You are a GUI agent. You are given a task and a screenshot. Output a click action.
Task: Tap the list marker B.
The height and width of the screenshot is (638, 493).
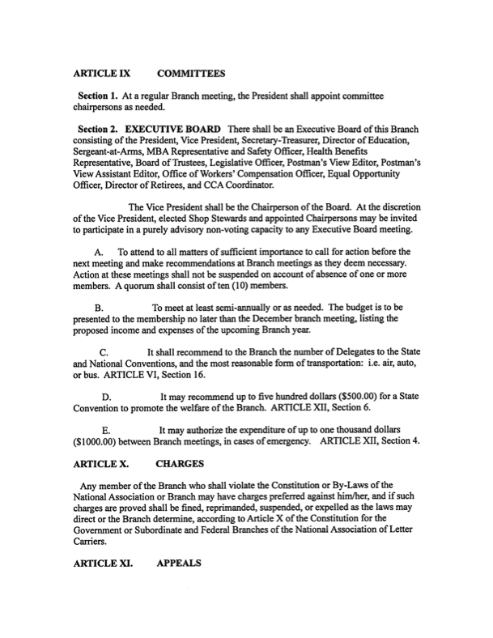[99, 308]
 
